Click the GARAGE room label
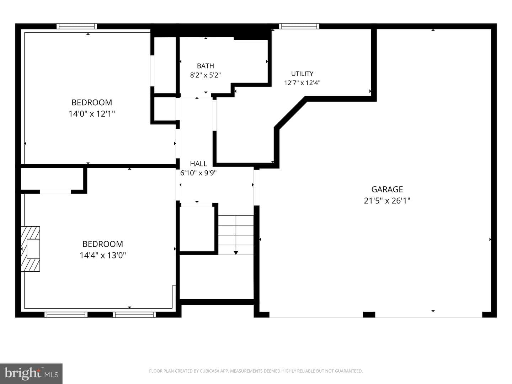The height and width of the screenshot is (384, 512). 387,189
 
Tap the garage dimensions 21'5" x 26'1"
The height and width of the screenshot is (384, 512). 387,201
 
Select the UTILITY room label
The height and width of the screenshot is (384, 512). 302,74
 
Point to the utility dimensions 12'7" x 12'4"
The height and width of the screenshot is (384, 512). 302,83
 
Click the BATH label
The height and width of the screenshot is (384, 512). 205,66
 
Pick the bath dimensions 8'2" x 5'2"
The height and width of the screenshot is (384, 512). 205,75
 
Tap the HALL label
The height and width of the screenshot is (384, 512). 198,164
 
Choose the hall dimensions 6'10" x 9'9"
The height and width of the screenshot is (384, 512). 198,173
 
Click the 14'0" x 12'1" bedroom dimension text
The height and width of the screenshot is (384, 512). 92,114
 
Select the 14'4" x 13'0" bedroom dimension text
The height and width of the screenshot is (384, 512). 103,256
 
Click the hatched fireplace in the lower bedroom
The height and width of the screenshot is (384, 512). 30,249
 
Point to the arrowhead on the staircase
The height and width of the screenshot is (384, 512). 236,253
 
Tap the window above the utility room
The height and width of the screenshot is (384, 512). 299,26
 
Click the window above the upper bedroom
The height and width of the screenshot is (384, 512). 77,26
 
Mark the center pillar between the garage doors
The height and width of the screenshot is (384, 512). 369,315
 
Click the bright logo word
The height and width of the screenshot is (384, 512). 23,373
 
